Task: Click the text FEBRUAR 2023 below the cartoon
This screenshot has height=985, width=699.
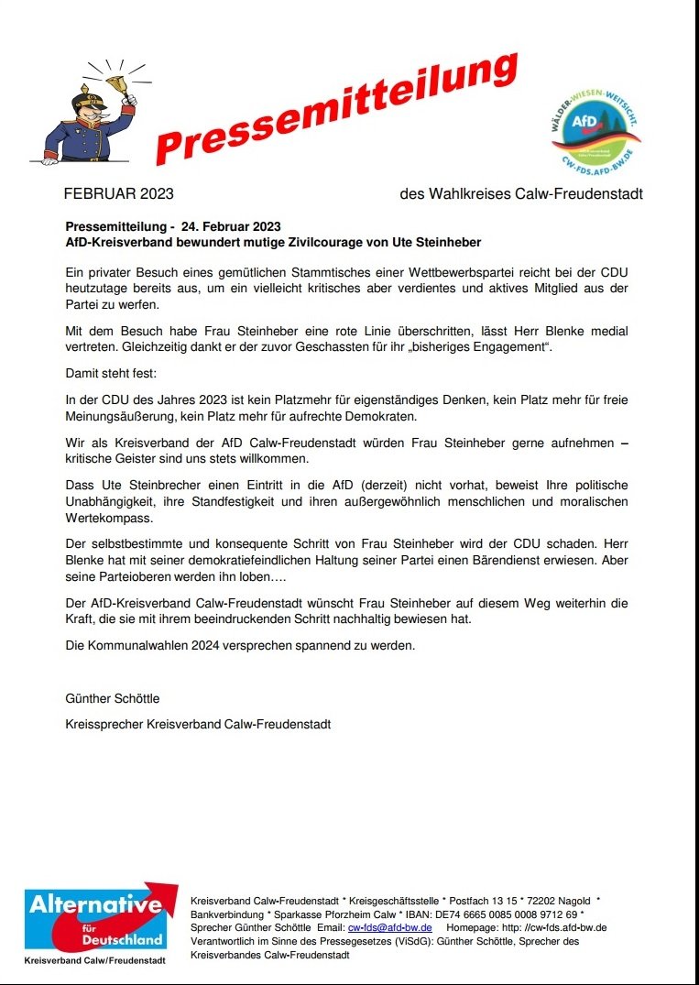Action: pos(119,194)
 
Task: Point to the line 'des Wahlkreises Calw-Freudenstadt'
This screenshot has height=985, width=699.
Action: pos(521,194)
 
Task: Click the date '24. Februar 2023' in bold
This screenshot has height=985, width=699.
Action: pos(231,226)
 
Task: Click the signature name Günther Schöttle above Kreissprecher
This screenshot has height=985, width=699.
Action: pos(113,698)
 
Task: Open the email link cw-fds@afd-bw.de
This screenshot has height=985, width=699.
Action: pos(389,927)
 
